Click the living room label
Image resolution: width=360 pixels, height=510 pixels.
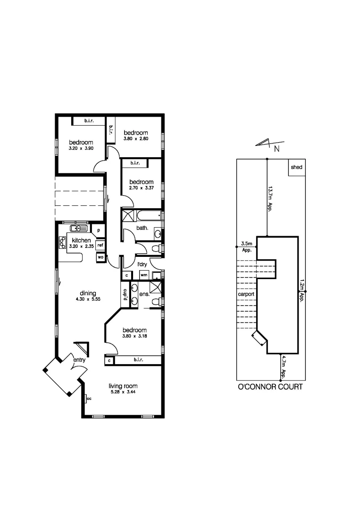pyautogui.click(x=123, y=386)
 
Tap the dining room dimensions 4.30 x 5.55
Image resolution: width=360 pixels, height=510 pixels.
pyautogui.click(x=88, y=299)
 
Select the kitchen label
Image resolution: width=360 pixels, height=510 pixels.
pyautogui.click(x=81, y=240)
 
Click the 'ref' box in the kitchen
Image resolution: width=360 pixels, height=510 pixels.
pyautogui.click(x=100, y=245)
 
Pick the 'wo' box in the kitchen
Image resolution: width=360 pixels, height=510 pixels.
pyautogui.click(x=100, y=257)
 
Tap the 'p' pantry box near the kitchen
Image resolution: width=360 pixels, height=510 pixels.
pyautogui.click(x=99, y=230)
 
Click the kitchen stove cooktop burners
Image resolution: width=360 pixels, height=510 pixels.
pyautogui.click(x=62, y=242)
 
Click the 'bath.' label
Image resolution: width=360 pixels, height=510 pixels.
pyautogui.click(x=142, y=228)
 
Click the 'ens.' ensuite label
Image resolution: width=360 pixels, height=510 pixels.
pyautogui.click(x=145, y=294)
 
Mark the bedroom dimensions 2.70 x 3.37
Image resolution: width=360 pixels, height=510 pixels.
pyautogui.click(x=142, y=188)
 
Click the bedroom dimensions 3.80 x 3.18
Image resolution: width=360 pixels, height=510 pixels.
pyautogui.click(x=135, y=336)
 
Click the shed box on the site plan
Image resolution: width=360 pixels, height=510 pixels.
pyautogui.click(x=296, y=167)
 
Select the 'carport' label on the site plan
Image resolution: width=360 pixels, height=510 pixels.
pyautogui.click(x=247, y=294)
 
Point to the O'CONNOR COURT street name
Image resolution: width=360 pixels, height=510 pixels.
pyautogui.click(x=269, y=387)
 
